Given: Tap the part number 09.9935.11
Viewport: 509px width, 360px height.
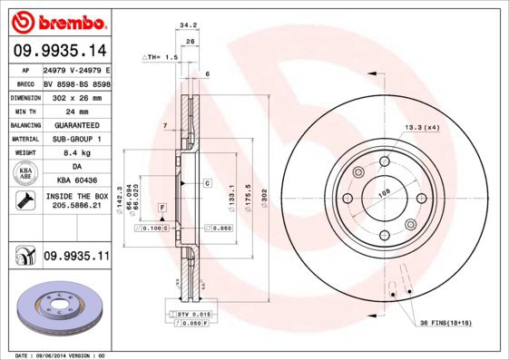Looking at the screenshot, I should (75, 258).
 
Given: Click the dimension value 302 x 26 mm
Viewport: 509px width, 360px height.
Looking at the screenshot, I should (75, 97).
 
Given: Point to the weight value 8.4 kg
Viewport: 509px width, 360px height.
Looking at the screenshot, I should (75, 153).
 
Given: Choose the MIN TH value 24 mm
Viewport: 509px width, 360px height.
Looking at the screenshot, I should (75, 111).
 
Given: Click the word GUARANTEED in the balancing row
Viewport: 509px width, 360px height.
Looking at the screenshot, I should (75, 125).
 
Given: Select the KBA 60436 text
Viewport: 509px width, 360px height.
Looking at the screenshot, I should (75, 181).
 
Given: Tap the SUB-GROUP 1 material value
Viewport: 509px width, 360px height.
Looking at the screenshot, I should (75, 139).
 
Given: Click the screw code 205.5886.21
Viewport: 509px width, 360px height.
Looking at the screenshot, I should (75, 206).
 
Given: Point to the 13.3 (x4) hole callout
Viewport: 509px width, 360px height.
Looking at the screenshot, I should (422, 127).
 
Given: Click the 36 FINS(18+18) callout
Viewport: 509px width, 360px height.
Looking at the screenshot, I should (445, 323).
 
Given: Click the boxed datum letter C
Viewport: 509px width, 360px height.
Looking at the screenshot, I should (207, 183).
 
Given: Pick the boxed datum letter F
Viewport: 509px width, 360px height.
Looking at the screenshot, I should (162, 208).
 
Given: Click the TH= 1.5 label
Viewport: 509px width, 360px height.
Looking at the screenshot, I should (161, 56).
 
